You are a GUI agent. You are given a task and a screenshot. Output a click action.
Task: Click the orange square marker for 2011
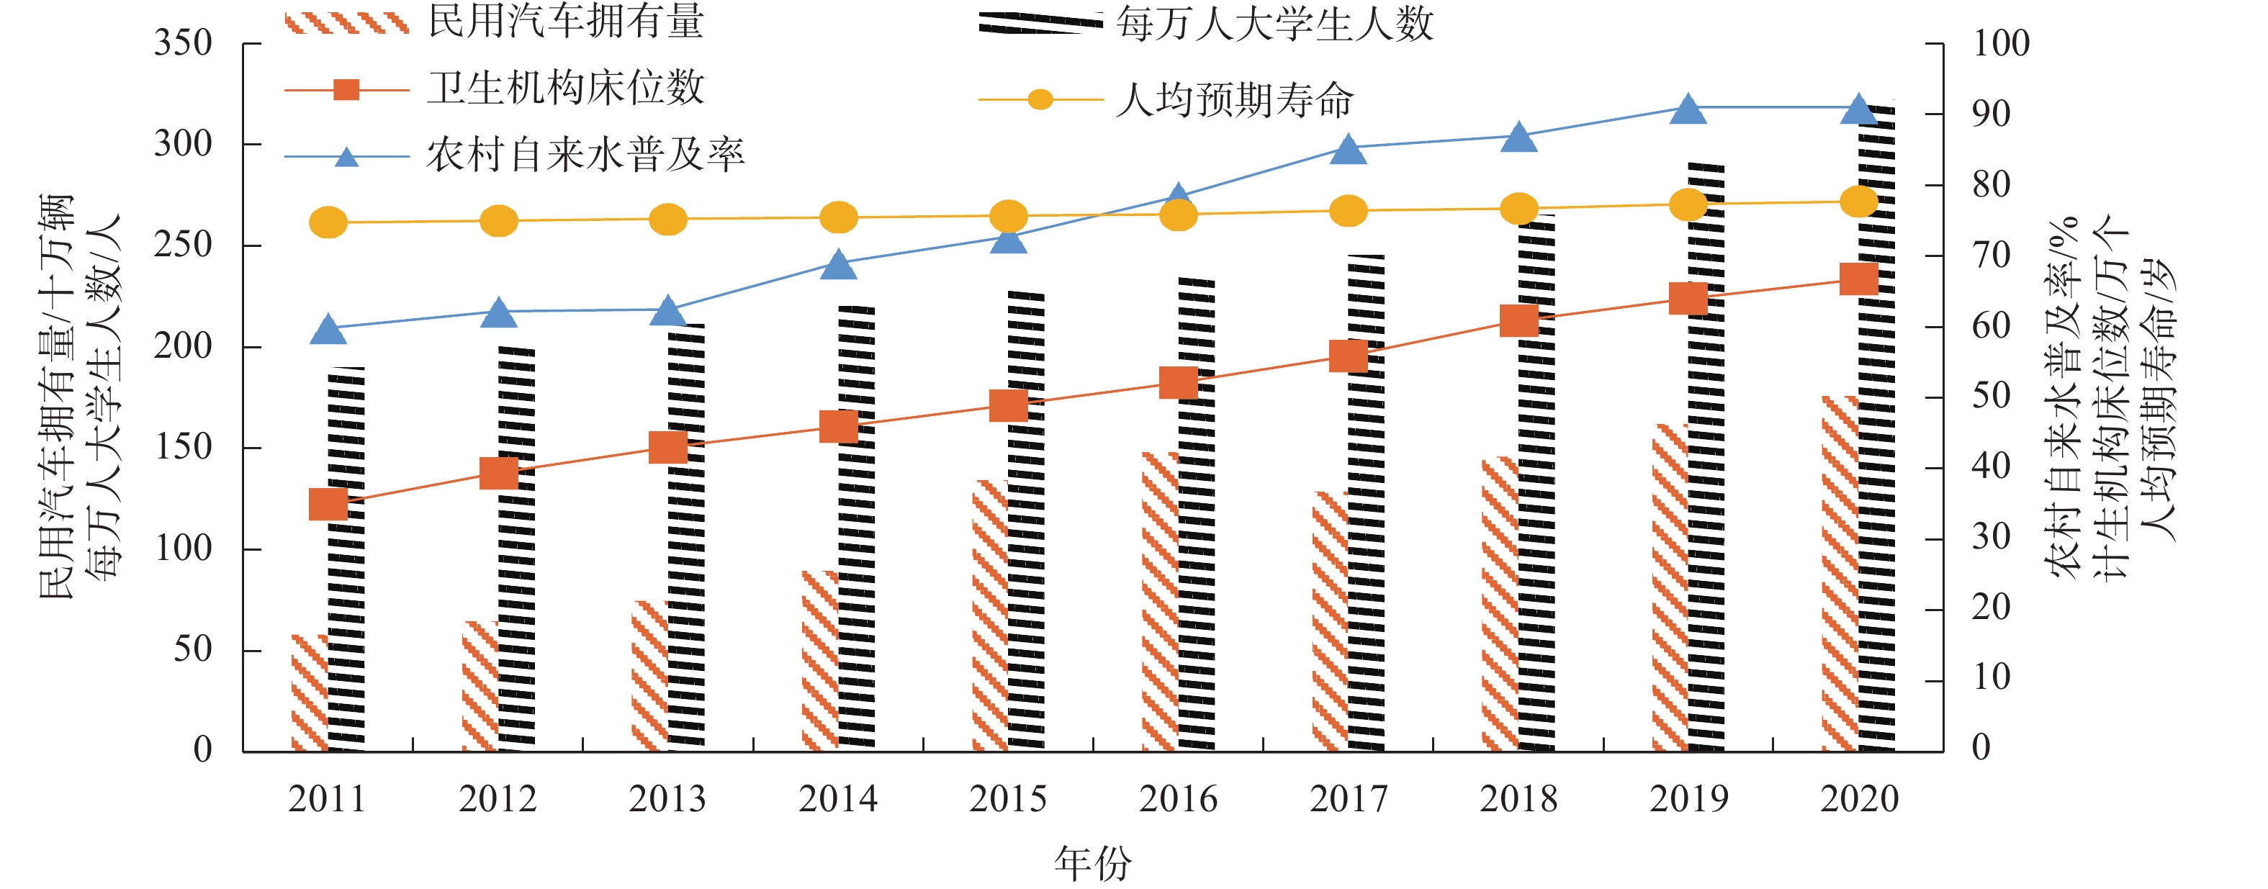click(x=328, y=505)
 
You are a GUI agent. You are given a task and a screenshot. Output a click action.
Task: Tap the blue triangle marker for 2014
click(x=838, y=265)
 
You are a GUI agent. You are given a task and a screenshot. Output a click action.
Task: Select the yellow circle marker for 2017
click(x=1348, y=211)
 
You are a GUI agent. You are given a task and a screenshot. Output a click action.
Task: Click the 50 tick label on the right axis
click(x=1992, y=397)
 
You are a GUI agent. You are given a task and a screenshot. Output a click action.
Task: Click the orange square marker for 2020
click(x=1858, y=279)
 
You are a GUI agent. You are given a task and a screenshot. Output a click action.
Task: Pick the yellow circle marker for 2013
click(x=667, y=219)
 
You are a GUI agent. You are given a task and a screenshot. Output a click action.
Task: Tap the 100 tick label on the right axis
click(x=2000, y=43)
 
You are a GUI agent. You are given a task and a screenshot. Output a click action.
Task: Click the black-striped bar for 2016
click(x=1197, y=515)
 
